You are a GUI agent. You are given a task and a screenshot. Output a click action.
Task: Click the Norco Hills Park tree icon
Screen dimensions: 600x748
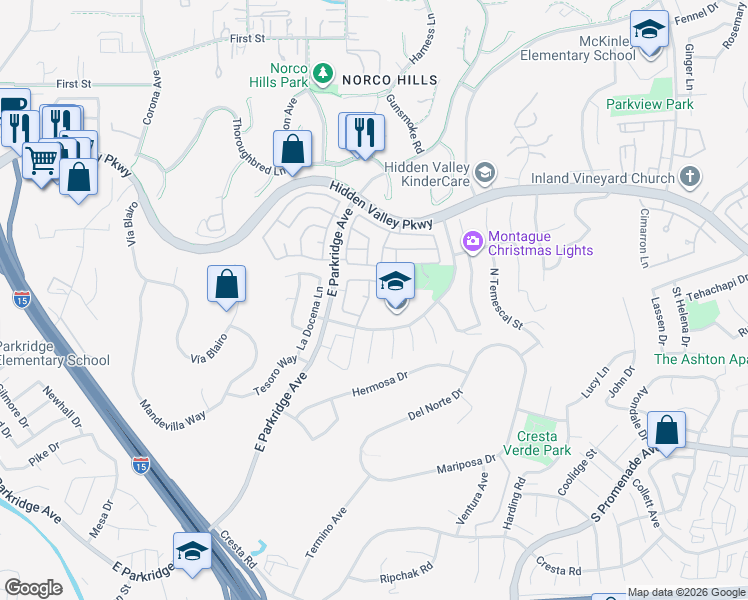[x=323, y=72]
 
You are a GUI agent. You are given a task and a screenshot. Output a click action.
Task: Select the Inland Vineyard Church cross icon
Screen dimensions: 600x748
[x=688, y=178]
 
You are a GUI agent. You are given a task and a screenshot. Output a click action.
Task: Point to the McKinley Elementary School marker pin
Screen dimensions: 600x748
[x=649, y=31]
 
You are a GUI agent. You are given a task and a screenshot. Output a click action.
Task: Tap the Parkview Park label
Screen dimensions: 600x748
[x=649, y=104]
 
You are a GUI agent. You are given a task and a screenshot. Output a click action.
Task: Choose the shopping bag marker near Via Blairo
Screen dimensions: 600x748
[x=227, y=285]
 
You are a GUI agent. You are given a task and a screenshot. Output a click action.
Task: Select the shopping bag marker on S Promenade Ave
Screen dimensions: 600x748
[x=666, y=431]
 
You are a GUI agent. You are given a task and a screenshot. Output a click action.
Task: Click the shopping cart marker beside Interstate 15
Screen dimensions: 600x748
[x=41, y=160]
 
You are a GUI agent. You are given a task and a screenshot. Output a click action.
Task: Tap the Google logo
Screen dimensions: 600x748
[x=33, y=588]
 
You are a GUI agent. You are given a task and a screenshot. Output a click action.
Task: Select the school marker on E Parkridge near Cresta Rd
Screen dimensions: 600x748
[x=193, y=551]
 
